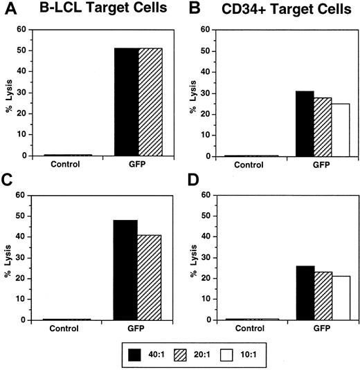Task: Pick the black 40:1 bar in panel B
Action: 295,124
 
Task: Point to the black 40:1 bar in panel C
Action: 126,270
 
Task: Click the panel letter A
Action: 8,9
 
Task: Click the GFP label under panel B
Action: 316,165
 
